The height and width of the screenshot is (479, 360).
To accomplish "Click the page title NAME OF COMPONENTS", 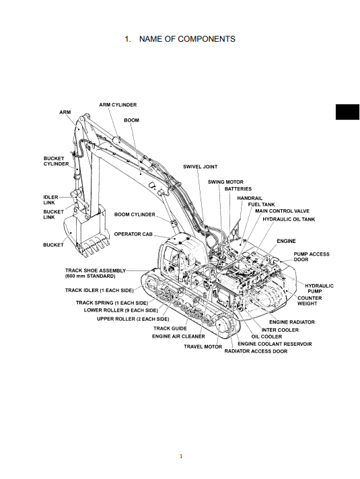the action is click(x=187, y=39).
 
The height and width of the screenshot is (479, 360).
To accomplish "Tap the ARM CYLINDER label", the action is click(x=118, y=105).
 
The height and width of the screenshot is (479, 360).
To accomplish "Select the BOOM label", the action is click(x=131, y=120).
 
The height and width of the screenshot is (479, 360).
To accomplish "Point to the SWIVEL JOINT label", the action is click(x=200, y=167).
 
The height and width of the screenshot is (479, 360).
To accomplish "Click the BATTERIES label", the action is click(x=238, y=189).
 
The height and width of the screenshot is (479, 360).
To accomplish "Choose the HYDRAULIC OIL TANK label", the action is click(x=289, y=219).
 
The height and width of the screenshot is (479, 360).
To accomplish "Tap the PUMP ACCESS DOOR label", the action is click(x=312, y=256).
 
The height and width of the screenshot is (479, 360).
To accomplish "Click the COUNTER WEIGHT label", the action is click(x=310, y=301).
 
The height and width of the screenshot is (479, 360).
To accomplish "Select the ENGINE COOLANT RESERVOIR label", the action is click(x=275, y=344).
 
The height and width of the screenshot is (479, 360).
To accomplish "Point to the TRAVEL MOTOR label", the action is click(x=203, y=346).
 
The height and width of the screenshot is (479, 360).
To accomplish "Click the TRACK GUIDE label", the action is click(x=170, y=328).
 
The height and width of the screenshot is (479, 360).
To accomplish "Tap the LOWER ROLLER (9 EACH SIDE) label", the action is click(x=120, y=310).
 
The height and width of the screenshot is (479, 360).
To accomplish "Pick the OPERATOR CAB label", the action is click(x=133, y=234).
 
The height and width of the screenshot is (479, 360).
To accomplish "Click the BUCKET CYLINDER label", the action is click(x=57, y=161).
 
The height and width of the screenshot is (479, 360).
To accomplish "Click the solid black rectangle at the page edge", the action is click(x=347, y=112).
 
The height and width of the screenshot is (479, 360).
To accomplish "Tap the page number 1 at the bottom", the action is click(x=181, y=456).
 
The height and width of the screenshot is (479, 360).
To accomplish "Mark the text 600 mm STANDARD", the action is click(x=90, y=276).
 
